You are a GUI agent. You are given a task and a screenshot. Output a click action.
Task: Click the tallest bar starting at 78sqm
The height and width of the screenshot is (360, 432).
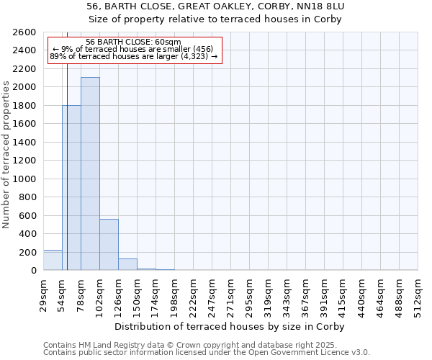pyautogui.click(x=90, y=174)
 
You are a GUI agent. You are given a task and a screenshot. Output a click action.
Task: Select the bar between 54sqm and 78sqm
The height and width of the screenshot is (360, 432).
pyautogui.click(x=71, y=187)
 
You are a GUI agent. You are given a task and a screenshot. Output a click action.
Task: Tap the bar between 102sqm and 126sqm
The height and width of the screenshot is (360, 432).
pyautogui.click(x=109, y=244)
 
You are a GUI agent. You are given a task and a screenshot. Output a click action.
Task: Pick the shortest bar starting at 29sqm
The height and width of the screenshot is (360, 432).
pyautogui.click(x=53, y=260)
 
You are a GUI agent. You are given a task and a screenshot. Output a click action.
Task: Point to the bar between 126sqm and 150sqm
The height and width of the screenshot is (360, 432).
pyautogui.click(x=127, y=264)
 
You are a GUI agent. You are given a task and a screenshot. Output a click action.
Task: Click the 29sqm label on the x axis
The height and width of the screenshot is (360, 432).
pyautogui.click(x=43, y=294)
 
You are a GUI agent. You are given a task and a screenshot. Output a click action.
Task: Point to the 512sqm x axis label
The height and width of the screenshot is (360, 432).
pyautogui.click(x=418, y=294)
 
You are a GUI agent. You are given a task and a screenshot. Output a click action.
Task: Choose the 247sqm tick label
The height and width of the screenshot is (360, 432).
pyautogui.click(x=212, y=294)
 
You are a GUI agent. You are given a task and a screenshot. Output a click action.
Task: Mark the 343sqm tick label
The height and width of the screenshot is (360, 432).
pyautogui.click(x=287, y=294)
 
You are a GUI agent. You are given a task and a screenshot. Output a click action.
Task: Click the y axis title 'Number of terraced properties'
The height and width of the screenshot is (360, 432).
pyautogui.click(x=7, y=155)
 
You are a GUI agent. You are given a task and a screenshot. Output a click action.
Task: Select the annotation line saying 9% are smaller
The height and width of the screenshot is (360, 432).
pyautogui.click(x=133, y=49)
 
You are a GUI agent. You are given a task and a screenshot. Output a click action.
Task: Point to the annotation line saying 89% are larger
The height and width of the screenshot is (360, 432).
pyautogui.click(x=133, y=56)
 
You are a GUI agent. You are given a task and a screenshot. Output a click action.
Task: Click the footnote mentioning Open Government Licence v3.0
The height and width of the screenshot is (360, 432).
pyautogui.click(x=207, y=353)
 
